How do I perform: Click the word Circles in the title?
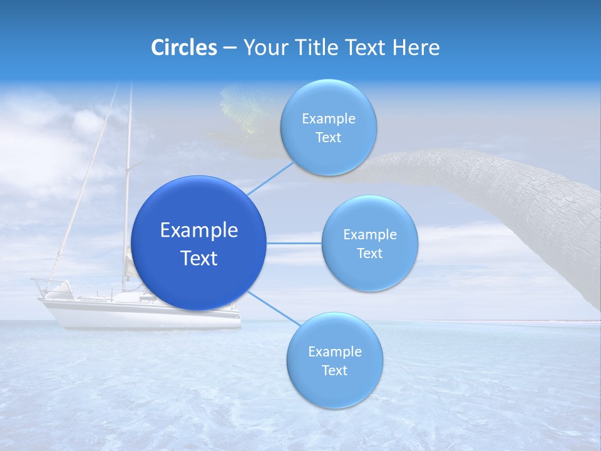pyautogui.click(x=184, y=48)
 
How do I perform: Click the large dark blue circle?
pyautogui.click(x=199, y=243)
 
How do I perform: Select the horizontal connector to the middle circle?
pyautogui.click(x=294, y=243)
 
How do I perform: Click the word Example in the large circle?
pyautogui.click(x=199, y=230)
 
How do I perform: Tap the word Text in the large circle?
pyautogui.click(x=199, y=258)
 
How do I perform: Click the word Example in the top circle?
pyautogui.click(x=329, y=119)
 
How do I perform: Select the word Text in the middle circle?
pyautogui.click(x=370, y=253)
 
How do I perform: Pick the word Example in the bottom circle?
pyautogui.click(x=335, y=351)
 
